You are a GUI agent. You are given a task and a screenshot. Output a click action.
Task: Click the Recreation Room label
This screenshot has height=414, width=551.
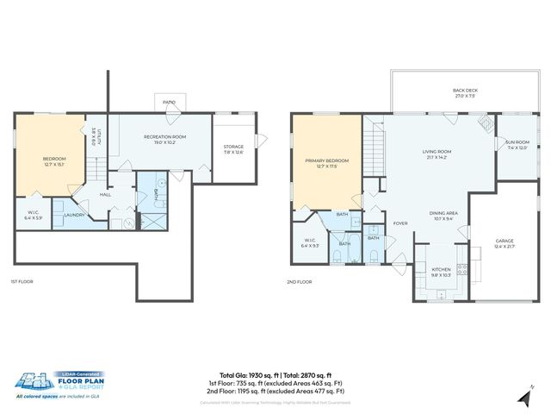164,139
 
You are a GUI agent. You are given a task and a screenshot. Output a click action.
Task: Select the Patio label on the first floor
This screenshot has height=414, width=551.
170,103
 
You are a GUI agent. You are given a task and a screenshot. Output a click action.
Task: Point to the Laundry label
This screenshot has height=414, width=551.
74,215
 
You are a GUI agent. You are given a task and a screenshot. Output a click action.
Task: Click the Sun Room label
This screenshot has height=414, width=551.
517,145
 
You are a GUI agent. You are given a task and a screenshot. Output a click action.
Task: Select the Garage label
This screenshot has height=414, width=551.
505,244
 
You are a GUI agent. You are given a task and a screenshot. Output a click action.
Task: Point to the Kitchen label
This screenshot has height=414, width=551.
440,272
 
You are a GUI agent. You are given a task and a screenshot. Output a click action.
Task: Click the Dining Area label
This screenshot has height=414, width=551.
443,215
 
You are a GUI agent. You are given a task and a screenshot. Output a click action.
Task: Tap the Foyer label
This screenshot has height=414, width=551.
400,223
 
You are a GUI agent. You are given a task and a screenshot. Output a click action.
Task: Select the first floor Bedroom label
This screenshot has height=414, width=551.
54,162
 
